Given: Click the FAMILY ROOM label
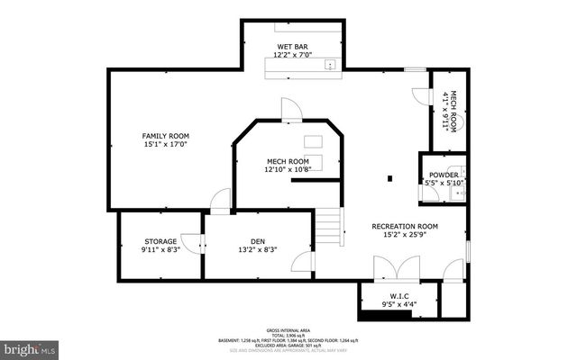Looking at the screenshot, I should pyautogui.click(x=165, y=136).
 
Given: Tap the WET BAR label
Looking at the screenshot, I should pyautogui.click(x=293, y=46).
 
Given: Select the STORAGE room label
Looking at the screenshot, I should pyautogui.click(x=160, y=241).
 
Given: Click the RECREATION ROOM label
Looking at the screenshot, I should pyautogui.click(x=405, y=226).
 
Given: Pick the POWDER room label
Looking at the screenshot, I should pyautogui.click(x=444, y=174).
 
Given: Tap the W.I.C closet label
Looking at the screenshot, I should pyautogui.click(x=399, y=296).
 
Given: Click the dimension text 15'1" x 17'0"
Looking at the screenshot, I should pyautogui.click(x=165, y=146).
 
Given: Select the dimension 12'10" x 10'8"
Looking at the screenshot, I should pyautogui.click(x=288, y=169).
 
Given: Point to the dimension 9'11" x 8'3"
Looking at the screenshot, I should pyautogui.click(x=161, y=251).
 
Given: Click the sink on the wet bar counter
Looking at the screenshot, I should pyautogui.click(x=331, y=64).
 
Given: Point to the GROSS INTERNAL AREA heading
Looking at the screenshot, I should pyautogui.click(x=288, y=330).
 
